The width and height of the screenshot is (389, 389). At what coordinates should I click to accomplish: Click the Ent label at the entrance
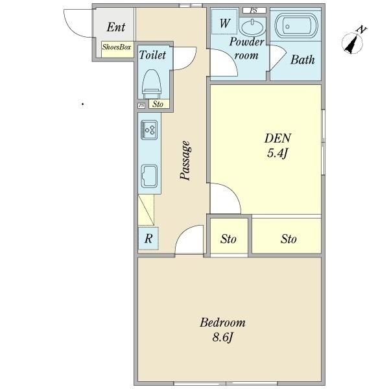coord(116,27)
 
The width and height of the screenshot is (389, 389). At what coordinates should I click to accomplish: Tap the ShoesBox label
coord(117,47)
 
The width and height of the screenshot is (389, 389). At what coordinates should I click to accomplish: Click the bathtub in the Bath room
coord(296,26)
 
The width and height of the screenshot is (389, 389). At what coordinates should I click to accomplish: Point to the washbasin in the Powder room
coord(252,27)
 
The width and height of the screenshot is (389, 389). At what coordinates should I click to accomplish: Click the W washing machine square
coord(224,21)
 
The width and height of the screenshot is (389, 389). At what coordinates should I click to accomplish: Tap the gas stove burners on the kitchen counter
coord(149,130)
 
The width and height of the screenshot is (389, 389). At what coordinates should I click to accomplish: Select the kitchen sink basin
coord(149,176)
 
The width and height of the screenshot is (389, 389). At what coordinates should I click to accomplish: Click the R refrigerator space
coord(148,239)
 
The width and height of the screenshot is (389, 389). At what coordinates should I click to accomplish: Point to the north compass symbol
coord(353,41)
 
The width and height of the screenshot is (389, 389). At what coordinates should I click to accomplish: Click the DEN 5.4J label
coord(277,146)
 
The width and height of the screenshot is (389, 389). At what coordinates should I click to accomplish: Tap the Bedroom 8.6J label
coord(222,330)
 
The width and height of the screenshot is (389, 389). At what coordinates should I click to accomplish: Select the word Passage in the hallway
coord(185,160)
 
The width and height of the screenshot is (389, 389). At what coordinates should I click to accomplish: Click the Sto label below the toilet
coord(158,104)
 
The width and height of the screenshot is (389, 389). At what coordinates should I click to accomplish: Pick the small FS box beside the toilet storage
coord(141,106)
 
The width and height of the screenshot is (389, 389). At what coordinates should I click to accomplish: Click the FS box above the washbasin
coord(254,10)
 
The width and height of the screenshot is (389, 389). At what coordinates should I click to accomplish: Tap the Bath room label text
coord(302,60)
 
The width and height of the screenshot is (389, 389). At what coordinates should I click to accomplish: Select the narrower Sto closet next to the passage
coord(228,236)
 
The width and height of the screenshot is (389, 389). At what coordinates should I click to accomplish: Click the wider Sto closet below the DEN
coord(287,236)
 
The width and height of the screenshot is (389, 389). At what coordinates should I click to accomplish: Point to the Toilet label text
coord(152,55)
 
